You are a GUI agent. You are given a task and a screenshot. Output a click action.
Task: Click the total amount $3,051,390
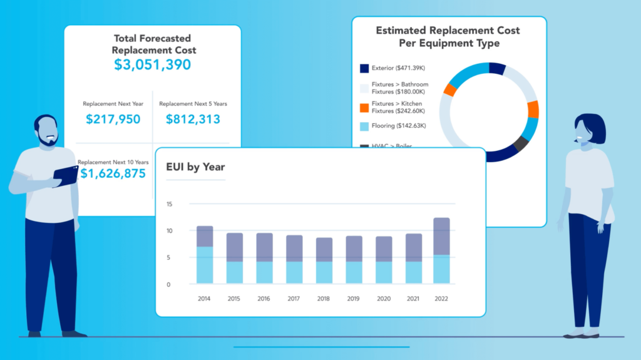click(x=152, y=64)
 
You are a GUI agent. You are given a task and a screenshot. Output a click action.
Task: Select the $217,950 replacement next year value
click(x=113, y=119)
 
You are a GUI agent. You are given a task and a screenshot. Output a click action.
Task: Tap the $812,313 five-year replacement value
click(x=193, y=119)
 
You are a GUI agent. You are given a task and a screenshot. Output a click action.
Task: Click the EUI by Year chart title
click(x=195, y=167)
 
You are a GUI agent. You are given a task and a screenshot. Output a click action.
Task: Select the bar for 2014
click(x=205, y=255)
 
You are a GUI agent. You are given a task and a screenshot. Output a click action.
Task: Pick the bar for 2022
click(x=441, y=250)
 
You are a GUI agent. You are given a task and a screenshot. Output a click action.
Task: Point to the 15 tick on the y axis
click(x=169, y=205)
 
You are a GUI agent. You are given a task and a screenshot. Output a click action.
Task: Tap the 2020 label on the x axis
click(x=383, y=299)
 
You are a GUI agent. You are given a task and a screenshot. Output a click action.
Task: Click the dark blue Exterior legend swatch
click(x=364, y=68)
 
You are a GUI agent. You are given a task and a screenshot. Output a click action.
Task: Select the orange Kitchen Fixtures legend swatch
click(x=364, y=106)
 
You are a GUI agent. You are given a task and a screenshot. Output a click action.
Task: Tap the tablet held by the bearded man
click(x=66, y=175)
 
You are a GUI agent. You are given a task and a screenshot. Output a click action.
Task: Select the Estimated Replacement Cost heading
click(x=448, y=37)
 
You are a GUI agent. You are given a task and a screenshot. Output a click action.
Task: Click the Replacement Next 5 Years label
click(x=193, y=103)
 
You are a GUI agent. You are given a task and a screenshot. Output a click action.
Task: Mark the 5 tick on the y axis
click(x=169, y=257)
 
